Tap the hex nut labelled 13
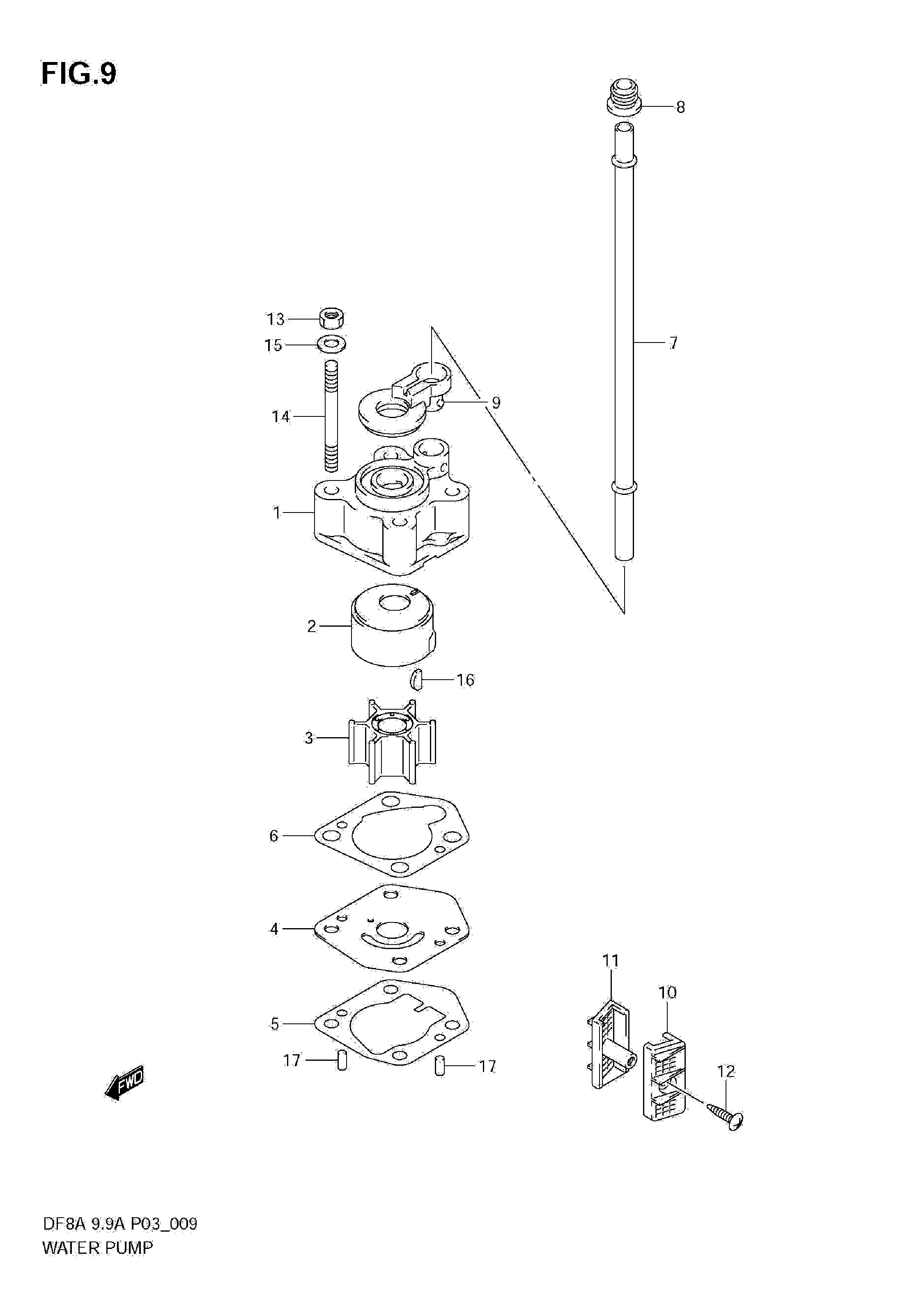pos(332,319)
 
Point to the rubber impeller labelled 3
pos(392,741)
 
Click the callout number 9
pos(495,402)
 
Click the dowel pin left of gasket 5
pos(341,1061)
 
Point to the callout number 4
pos(274,929)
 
